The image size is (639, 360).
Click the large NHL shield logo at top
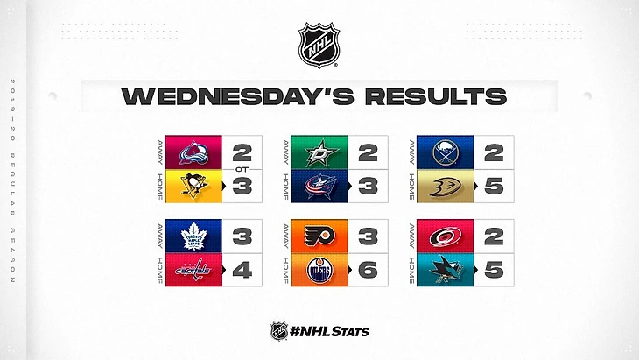click(319, 45)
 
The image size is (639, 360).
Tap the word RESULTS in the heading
click(436, 96)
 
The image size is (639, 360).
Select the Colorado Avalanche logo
click(193, 153)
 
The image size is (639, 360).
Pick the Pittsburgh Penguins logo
click(194, 186)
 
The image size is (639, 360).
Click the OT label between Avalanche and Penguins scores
click(242, 169)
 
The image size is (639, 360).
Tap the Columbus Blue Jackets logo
click(320, 187)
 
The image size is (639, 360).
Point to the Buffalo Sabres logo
click(446, 153)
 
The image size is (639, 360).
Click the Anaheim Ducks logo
click(446, 187)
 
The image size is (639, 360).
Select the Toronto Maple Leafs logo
click(194, 236)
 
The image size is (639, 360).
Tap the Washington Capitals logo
click(194, 270)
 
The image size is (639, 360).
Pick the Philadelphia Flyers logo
click(319, 236)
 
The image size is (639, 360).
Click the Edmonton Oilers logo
click(319, 270)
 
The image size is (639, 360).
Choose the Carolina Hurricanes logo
click(446, 236)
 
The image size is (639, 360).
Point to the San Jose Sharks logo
click(446, 270)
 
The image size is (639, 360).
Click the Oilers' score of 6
click(368, 270)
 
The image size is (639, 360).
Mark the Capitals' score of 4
click(242, 270)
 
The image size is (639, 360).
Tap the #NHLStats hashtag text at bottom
click(329, 331)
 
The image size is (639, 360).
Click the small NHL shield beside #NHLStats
click(279, 330)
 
